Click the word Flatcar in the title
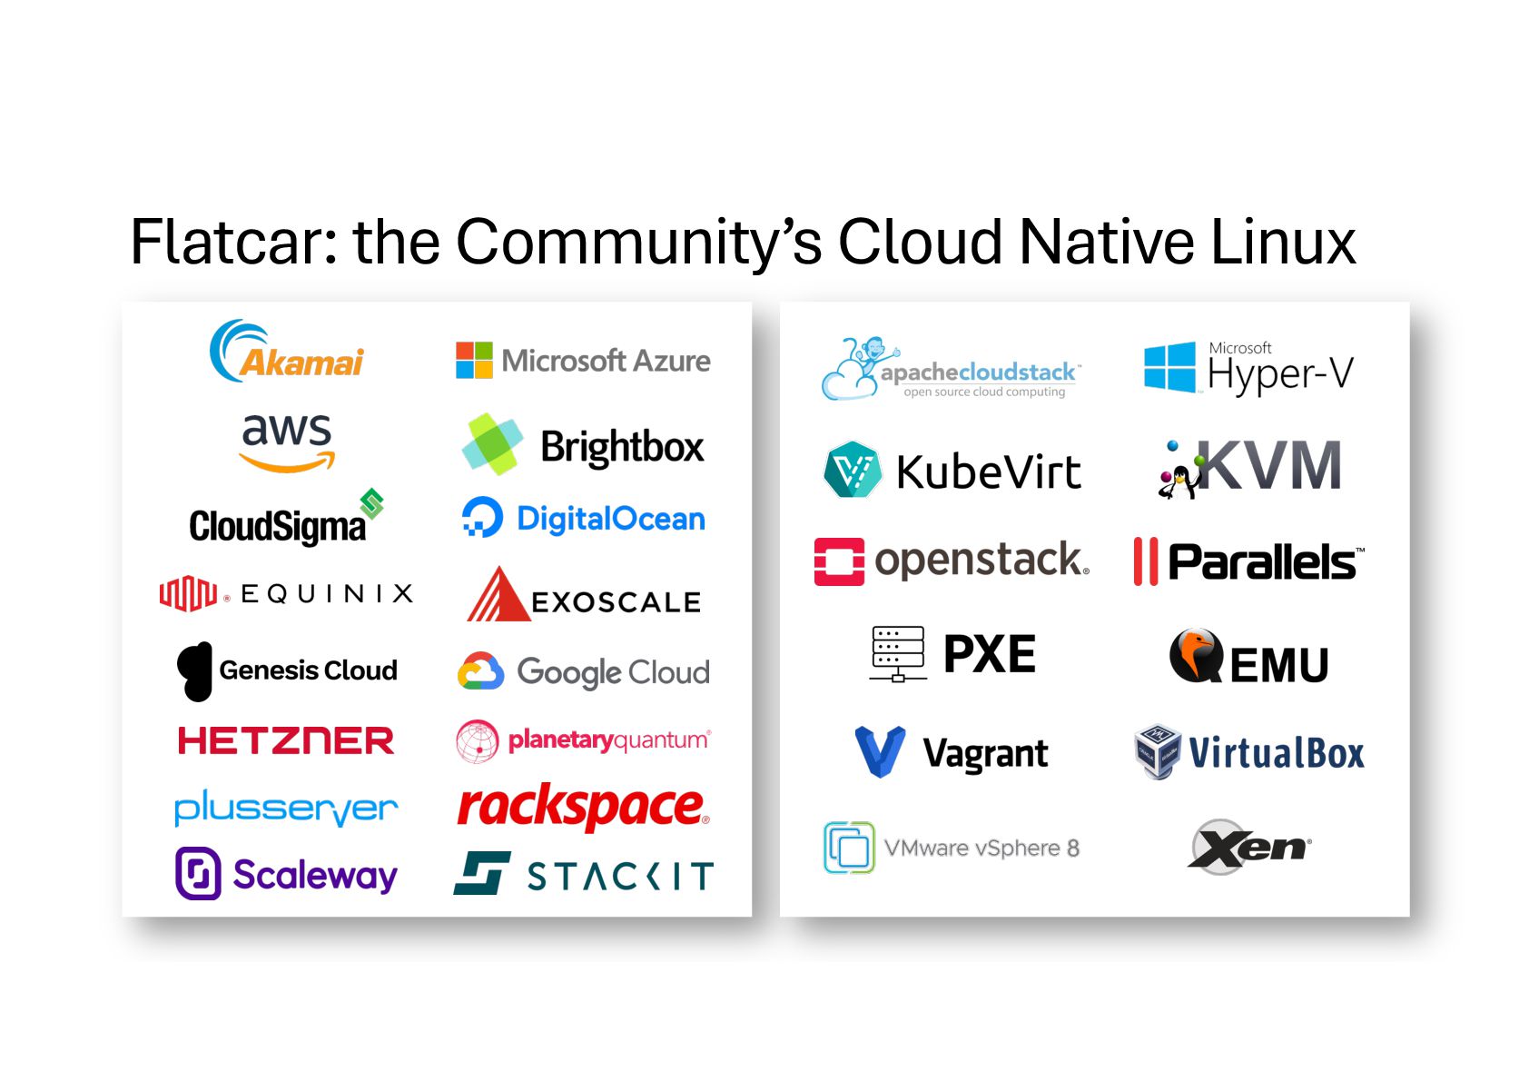[232, 242]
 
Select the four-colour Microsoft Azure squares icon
[474, 361]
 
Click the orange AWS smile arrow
[287, 463]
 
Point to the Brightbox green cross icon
[492, 444]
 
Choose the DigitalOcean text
[610, 519]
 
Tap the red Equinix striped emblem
[188, 593]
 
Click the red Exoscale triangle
[497, 596]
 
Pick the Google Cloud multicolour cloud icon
[480, 671]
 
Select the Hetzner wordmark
[286, 740]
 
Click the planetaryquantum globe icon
[477, 741]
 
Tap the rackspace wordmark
[582, 806]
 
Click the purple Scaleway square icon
[198, 874]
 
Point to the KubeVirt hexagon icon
[852, 470]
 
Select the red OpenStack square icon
[839, 561]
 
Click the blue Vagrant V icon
[880, 751]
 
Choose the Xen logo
[1248, 847]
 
